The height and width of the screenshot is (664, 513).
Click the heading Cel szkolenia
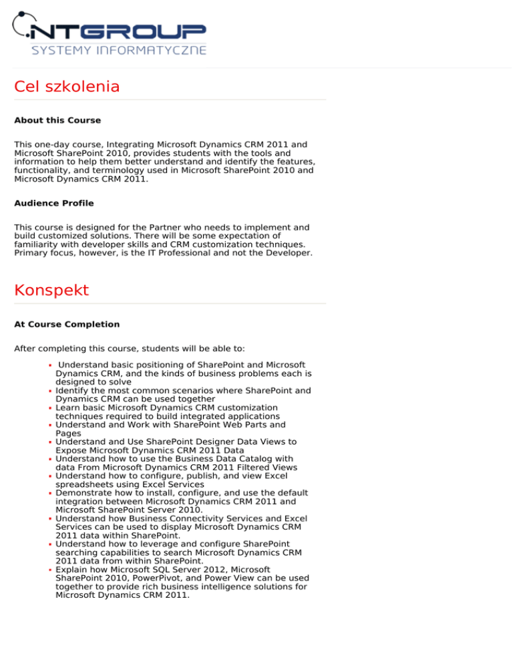(67, 87)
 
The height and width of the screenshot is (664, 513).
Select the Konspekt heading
(51, 291)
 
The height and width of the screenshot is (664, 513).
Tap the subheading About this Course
(57, 121)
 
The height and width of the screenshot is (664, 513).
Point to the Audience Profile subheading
(54, 203)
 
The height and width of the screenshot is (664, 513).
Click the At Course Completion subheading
(67, 325)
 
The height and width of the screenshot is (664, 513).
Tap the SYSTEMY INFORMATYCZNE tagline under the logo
(119, 50)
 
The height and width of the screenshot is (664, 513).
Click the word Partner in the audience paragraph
(160, 227)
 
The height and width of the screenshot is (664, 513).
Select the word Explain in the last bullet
(71, 569)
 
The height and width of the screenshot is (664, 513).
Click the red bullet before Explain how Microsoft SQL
(51, 570)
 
